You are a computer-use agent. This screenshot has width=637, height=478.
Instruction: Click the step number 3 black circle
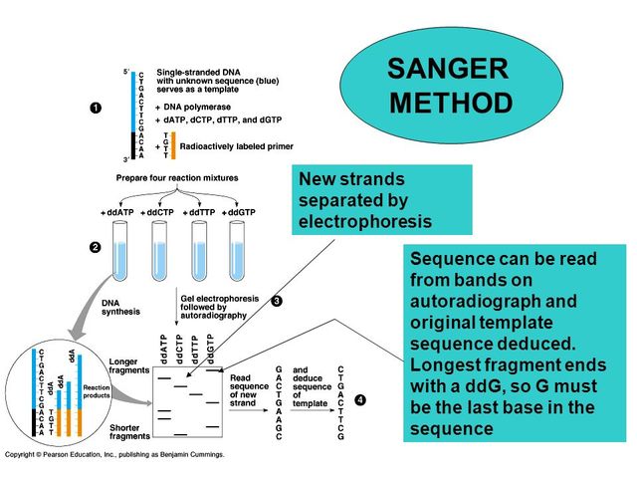[x=278, y=300]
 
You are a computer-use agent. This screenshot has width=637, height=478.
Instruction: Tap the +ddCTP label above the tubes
[x=157, y=213]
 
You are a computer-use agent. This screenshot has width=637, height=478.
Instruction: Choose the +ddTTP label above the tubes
[x=198, y=213]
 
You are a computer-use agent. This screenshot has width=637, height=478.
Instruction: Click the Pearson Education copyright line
[x=114, y=454]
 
